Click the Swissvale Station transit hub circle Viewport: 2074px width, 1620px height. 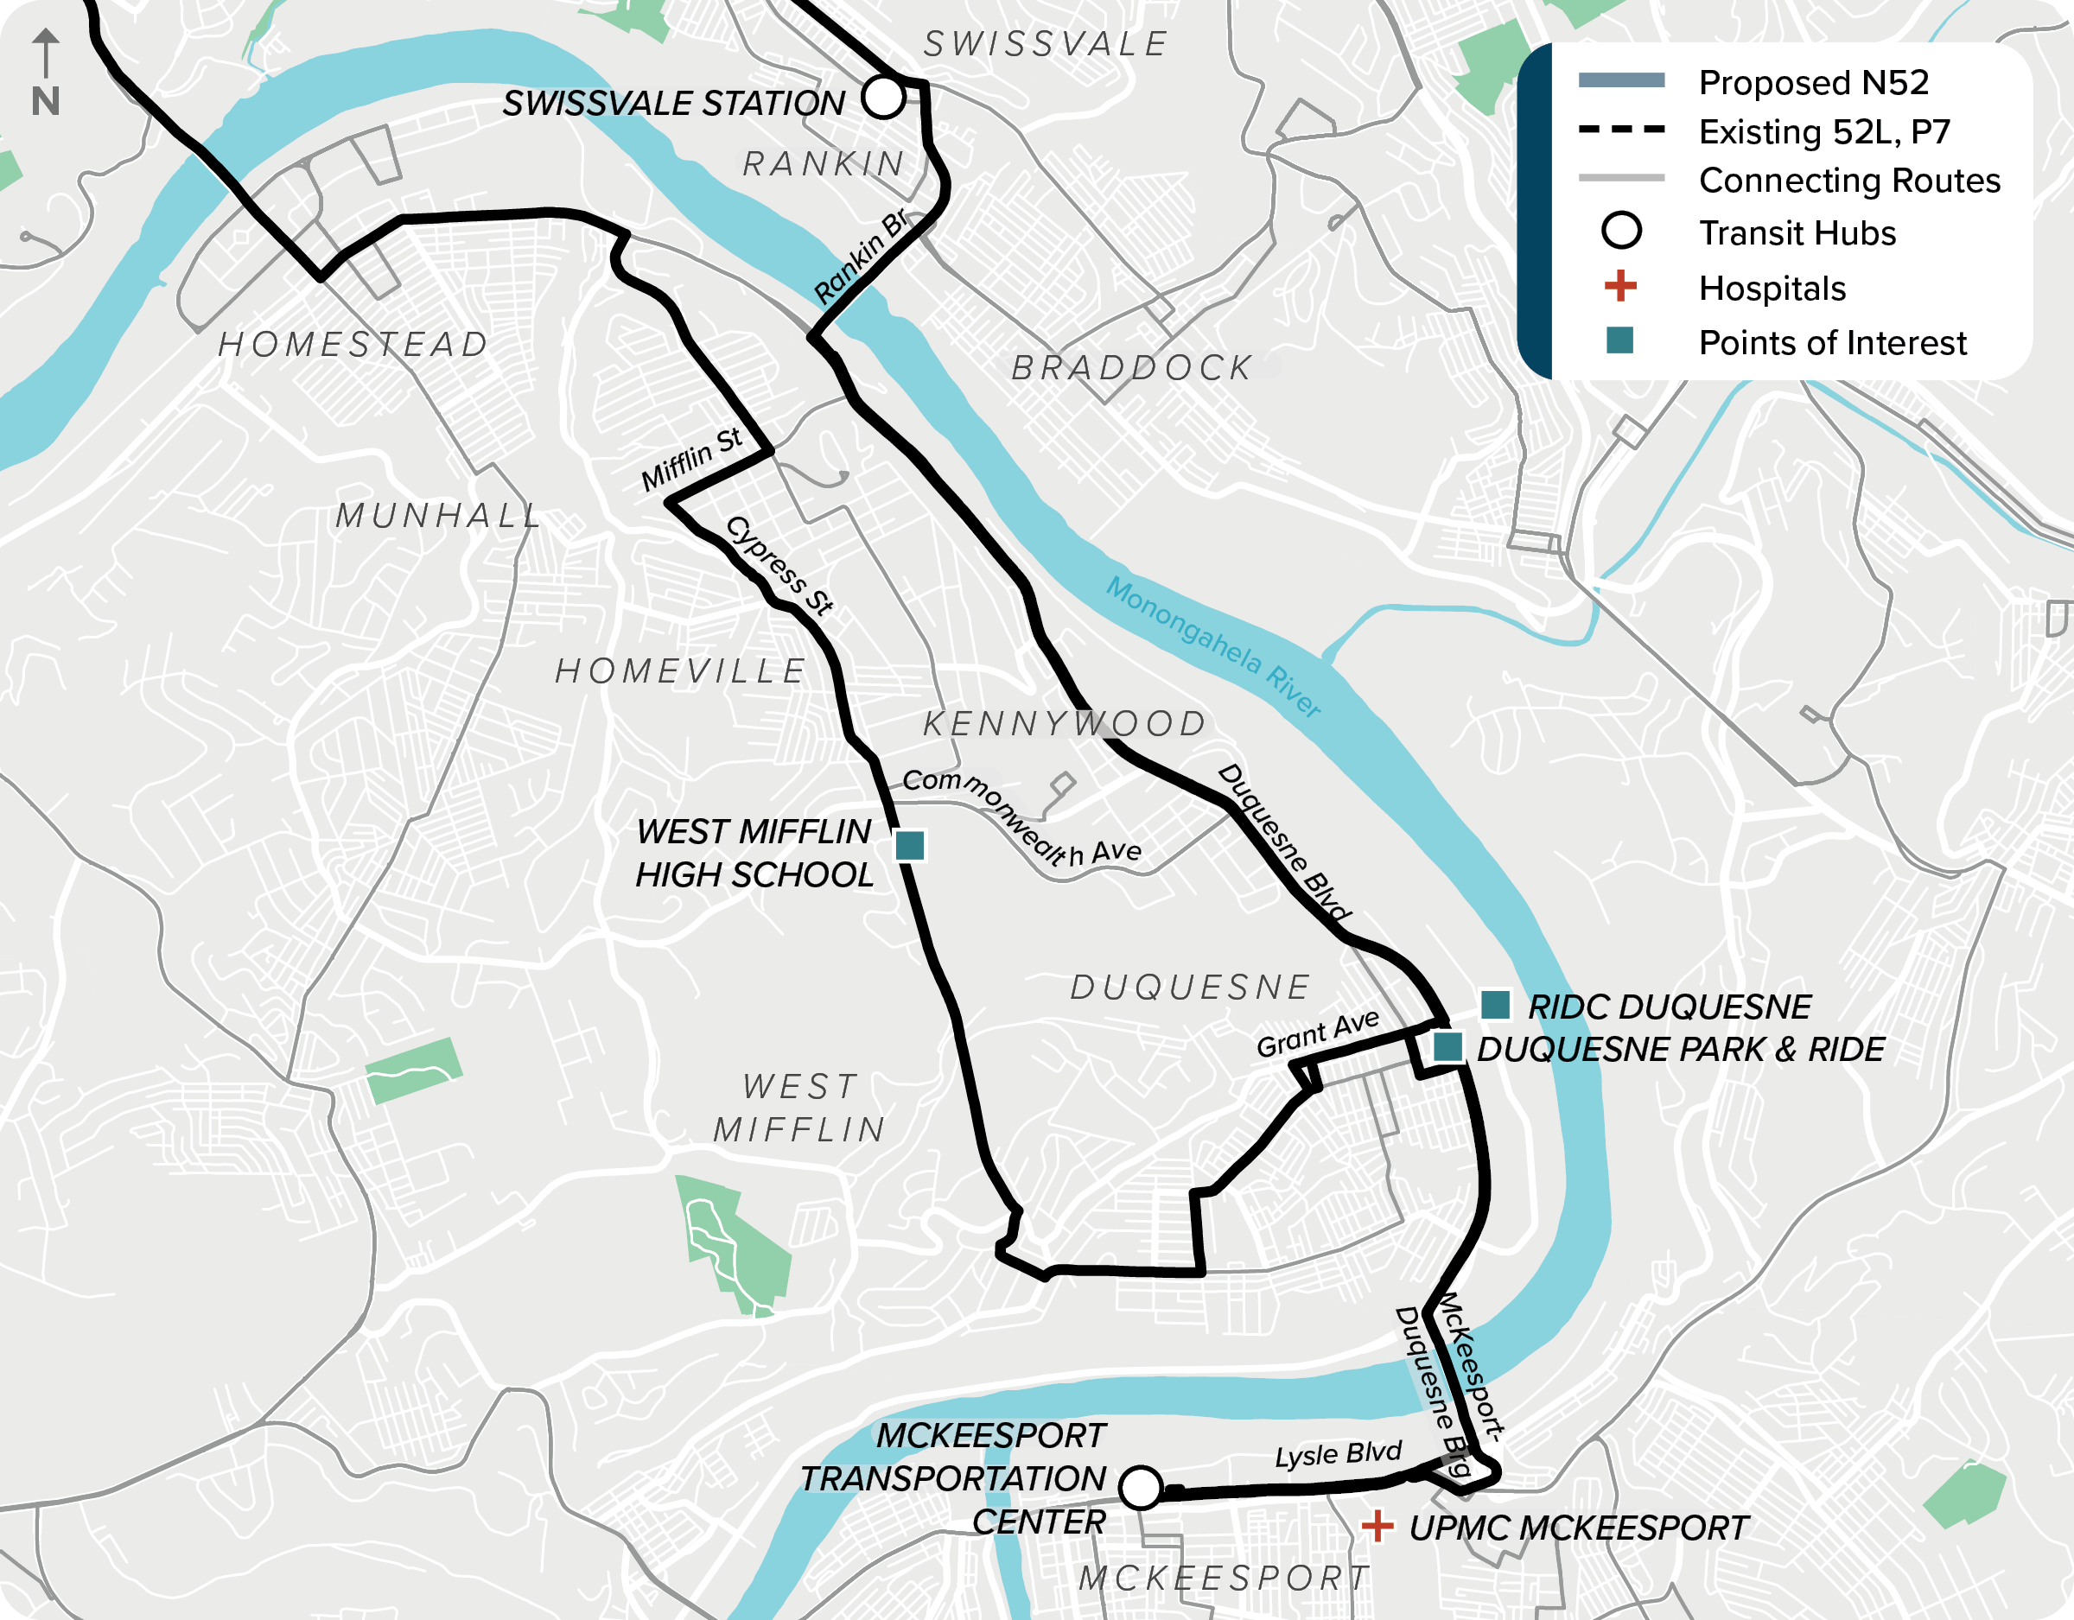[883, 97]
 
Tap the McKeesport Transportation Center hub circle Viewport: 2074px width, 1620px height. [1141, 1487]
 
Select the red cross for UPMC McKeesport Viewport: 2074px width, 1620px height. [1377, 1527]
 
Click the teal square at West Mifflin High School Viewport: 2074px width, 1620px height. [910, 845]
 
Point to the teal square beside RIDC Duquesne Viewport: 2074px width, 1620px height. [1496, 1005]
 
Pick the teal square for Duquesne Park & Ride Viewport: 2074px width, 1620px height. [1447, 1047]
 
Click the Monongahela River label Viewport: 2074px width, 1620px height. [1212, 646]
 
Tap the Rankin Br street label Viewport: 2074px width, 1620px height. [861, 257]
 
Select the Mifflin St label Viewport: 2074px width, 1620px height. [690, 460]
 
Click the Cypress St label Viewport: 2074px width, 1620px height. [779, 566]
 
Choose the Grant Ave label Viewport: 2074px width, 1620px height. [1317, 1034]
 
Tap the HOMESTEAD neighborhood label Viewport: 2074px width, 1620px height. [353, 345]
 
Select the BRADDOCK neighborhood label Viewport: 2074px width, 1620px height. [1132, 367]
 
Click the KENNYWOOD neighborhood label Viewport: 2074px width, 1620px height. [1064, 723]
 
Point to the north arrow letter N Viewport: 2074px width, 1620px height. [46, 102]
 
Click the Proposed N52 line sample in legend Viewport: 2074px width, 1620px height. [1621, 80]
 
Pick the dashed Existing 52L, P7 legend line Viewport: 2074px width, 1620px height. [1621, 129]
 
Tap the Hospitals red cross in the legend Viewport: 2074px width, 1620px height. [1620, 286]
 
